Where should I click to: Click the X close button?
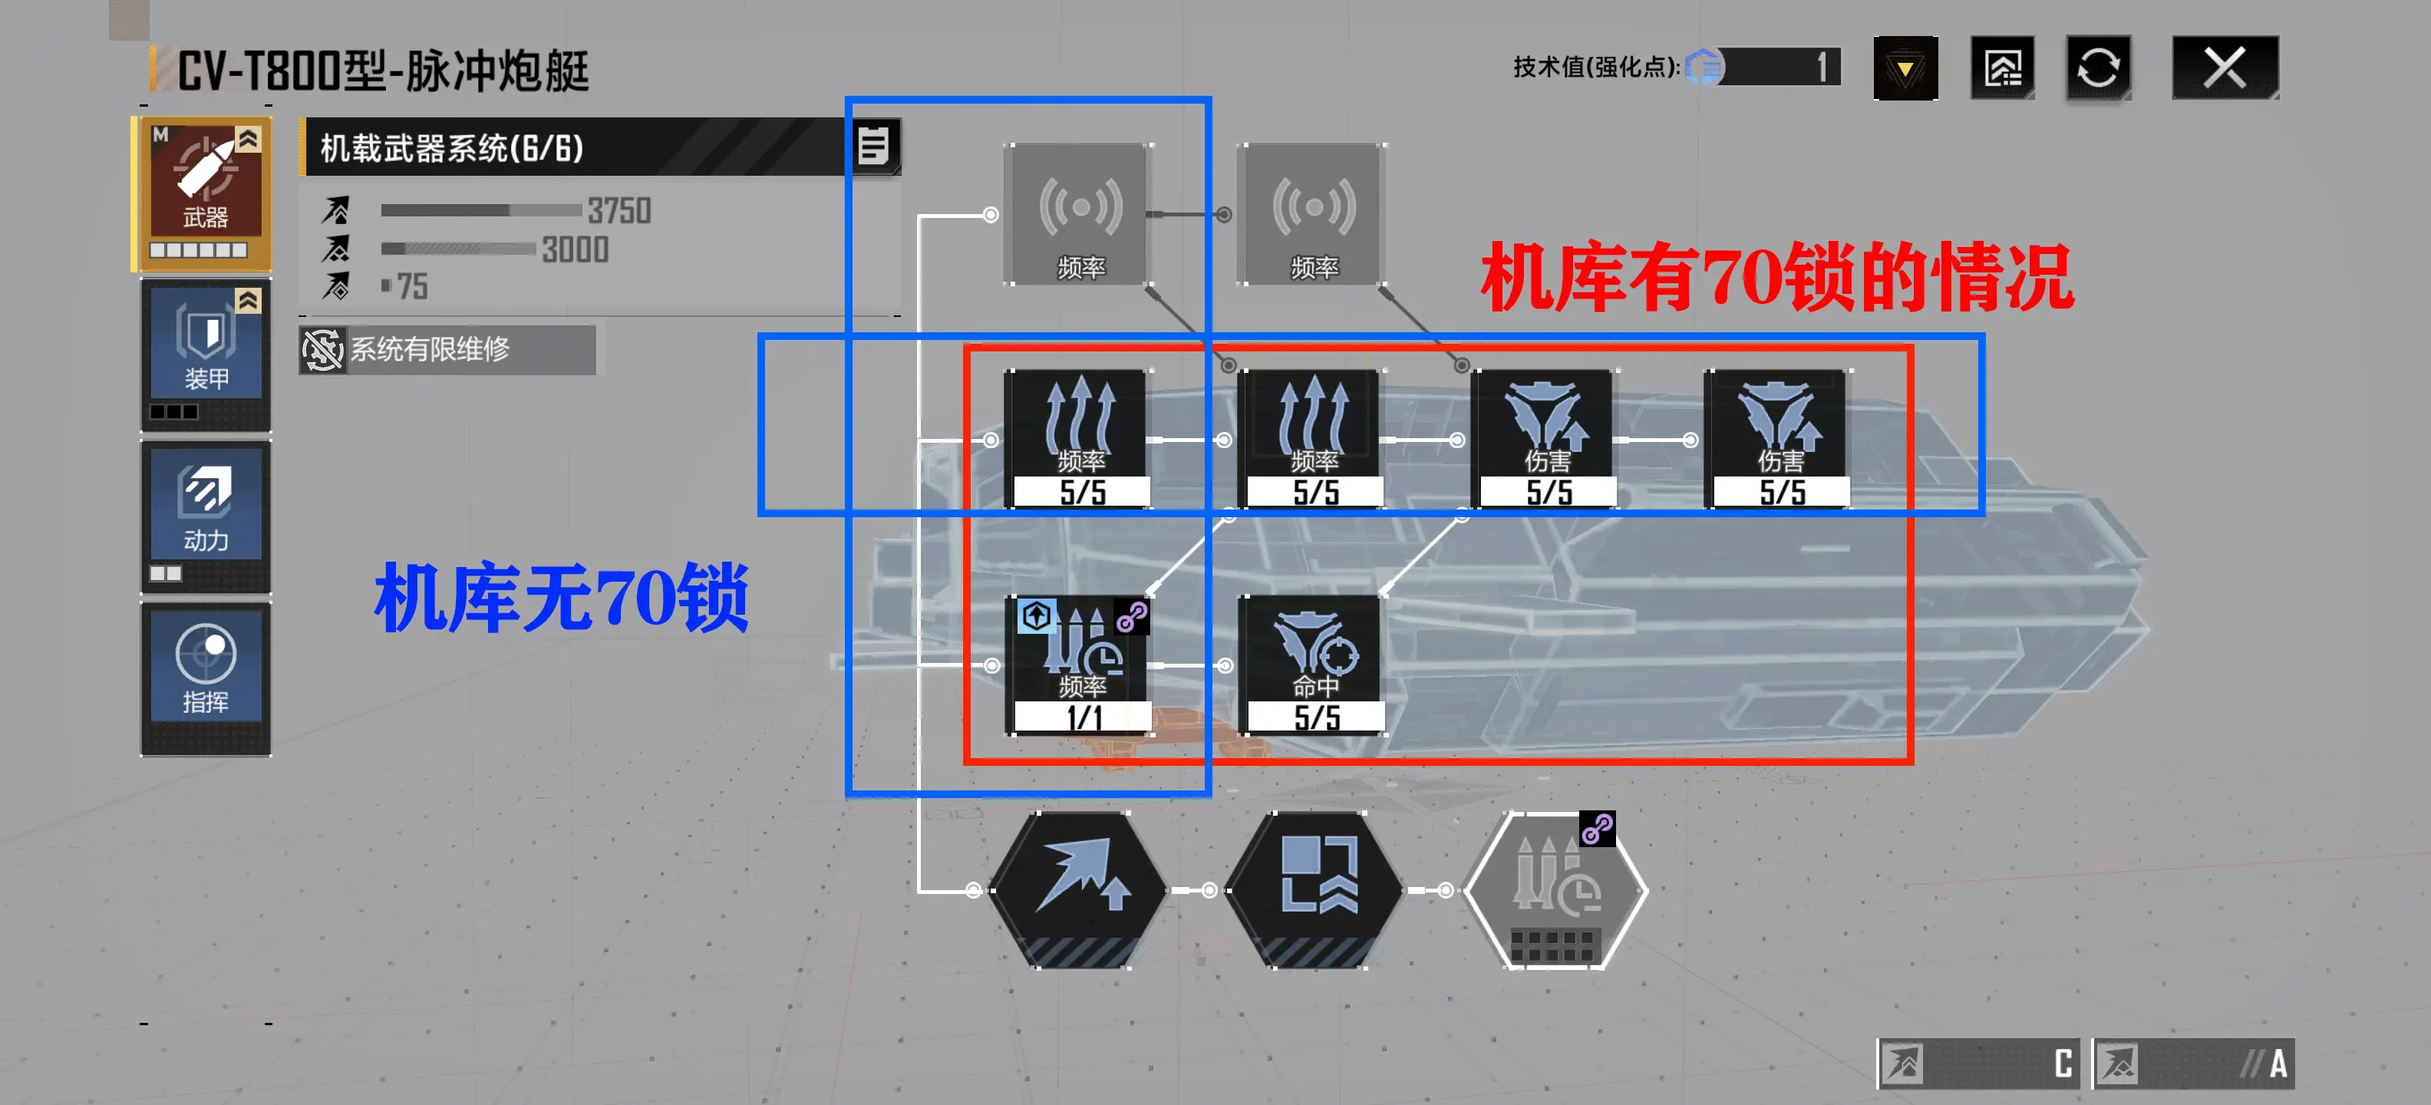click(x=2225, y=68)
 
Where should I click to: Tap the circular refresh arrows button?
click(x=2098, y=68)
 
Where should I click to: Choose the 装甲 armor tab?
click(x=205, y=355)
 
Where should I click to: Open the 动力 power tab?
click(x=205, y=517)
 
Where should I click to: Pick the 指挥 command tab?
click(x=205, y=678)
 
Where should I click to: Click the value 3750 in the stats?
click(x=619, y=210)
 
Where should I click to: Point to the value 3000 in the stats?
click(x=575, y=249)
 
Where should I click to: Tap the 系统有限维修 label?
click(x=430, y=349)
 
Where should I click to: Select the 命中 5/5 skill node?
click(x=1314, y=665)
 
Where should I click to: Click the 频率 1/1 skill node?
click(x=1080, y=665)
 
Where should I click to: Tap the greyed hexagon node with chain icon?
click(x=1555, y=890)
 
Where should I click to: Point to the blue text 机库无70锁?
click(x=562, y=596)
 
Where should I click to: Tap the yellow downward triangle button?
click(x=1905, y=68)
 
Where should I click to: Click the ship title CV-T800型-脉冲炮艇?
click(x=383, y=71)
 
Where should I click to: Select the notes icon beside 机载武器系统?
click(x=875, y=147)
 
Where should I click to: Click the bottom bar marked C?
click(x=1978, y=1064)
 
